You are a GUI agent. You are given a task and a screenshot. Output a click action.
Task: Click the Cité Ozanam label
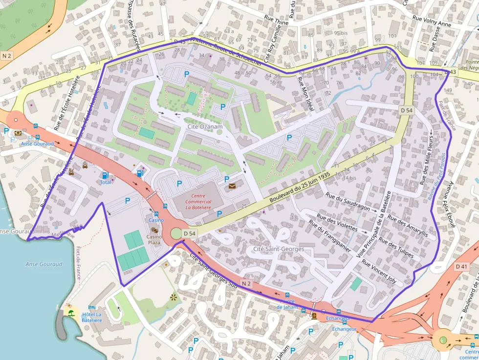point(205,127)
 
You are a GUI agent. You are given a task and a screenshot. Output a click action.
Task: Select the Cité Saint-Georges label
point(279,249)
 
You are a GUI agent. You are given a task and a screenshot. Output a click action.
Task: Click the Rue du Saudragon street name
point(348,201)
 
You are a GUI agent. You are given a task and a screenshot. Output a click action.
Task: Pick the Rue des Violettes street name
point(337,223)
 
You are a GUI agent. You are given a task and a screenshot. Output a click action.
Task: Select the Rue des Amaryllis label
point(407,226)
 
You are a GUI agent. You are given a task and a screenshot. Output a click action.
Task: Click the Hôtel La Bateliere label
point(92,317)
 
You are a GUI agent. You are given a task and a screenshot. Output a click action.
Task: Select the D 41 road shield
point(461,267)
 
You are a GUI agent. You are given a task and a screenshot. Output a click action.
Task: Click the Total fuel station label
point(106,182)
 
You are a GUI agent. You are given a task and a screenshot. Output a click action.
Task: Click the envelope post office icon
point(232,186)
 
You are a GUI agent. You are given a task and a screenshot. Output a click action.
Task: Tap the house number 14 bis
point(348,178)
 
